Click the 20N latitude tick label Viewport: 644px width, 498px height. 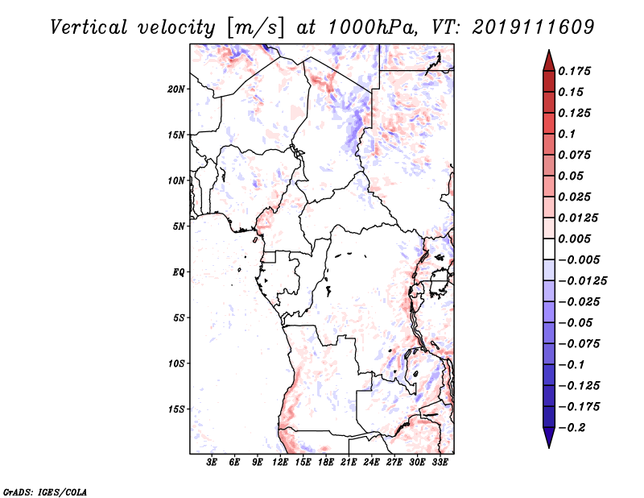(x=176, y=89)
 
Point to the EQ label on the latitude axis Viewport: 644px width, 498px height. (x=179, y=272)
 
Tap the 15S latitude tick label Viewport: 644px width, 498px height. (x=176, y=409)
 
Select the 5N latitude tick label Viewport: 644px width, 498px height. (x=179, y=226)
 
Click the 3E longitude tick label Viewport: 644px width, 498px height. (x=213, y=463)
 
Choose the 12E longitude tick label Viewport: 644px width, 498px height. (x=282, y=463)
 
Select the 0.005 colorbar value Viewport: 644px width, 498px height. (x=576, y=239)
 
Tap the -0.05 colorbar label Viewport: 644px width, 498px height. (x=576, y=322)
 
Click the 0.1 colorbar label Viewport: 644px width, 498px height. (x=568, y=134)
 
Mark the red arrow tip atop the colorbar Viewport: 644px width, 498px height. (x=548, y=55)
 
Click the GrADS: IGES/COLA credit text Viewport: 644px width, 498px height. (x=45, y=491)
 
